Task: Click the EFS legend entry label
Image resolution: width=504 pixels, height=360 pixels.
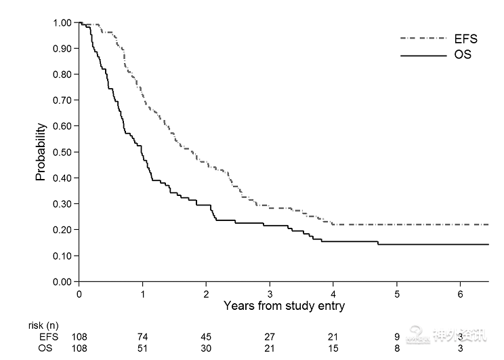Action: pyautogui.click(x=465, y=39)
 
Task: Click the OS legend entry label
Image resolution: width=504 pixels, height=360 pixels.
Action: pyautogui.click(x=462, y=55)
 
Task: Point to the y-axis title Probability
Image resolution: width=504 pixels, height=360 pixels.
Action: pyautogui.click(x=41, y=152)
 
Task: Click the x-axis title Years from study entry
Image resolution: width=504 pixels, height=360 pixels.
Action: pyautogui.click(x=285, y=306)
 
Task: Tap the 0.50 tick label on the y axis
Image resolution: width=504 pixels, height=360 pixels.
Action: pyautogui.click(x=62, y=152)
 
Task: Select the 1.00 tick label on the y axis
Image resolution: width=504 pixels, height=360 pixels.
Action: pyautogui.click(x=62, y=22)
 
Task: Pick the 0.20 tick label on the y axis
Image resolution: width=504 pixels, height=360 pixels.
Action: pyautogui.click(x=62, y=230)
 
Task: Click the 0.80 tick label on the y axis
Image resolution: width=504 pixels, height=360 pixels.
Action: pyautogui.click(x=62, y=74)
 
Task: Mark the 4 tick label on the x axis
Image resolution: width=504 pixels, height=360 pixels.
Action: pyautogui.click(x=333, y=294)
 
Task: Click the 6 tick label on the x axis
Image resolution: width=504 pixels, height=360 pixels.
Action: pyautogui.click(x=461, y=294)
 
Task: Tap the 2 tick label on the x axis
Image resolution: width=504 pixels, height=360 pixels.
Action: pyautogui.click(x=206, y=294)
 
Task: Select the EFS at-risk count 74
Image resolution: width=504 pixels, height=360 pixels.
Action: pyautogui.click(x=143, y=336)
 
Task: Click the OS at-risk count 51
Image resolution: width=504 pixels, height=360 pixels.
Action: pyautogui.click(x=143, y=348)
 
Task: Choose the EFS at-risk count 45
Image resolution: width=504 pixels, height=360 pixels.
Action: pyautogui.click(x=206, y=336)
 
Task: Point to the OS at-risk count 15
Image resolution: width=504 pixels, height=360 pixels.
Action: pyautogui.click(x=333, y=348)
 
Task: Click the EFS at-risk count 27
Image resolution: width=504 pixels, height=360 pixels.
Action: pyautogui.click(x=270, y=336)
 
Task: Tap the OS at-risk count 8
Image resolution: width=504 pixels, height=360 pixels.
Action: pyautogui.click(x=398, y=348)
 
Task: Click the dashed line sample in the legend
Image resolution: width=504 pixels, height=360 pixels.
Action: pyautogui.click(x=420, y=39)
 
